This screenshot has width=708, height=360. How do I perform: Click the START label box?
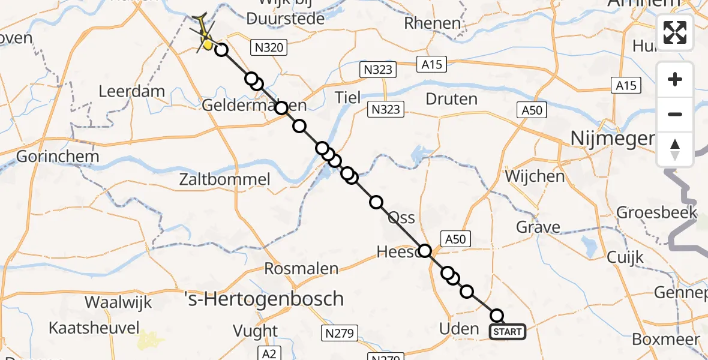coord(508,332)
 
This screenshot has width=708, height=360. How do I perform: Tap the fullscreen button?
coord(675,32)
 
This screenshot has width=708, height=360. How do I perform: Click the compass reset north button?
coord(675,149)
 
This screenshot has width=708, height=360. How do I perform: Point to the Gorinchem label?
coord(49,156)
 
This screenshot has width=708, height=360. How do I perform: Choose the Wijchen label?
coord(535,176)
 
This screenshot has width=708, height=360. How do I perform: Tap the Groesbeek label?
coord(657,212)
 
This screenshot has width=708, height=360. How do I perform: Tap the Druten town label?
coord(451,98)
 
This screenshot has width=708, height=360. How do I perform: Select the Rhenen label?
coord(433,23)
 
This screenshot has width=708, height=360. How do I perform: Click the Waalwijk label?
coord(118,302)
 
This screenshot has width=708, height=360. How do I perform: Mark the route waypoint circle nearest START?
coord(497,316)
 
